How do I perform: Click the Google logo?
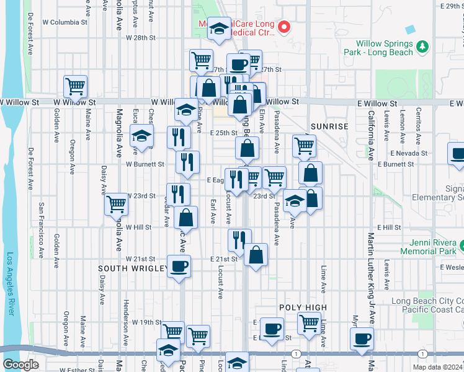[x=20, y=365]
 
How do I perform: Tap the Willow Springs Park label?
[x=385, y=48]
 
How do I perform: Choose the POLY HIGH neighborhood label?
[x=302, y=308]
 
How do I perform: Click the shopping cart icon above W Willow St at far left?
[x=75, y=86]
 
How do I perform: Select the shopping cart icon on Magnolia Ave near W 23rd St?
[x=117, y=203]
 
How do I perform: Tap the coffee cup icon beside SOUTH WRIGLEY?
[x=179, y=267]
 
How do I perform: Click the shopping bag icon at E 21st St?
[x=256, y=254]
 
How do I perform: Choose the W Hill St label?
[x=138, y=228]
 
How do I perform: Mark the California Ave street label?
[x=371, y=136]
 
